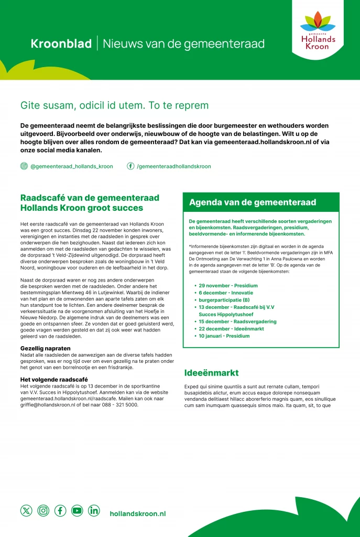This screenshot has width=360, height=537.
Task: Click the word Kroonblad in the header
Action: coord(61,44)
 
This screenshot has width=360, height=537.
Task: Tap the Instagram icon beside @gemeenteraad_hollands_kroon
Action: coord(24,166)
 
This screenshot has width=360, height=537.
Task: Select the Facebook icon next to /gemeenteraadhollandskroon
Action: coord(130,166)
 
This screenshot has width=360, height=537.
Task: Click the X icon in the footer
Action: coord(26,510)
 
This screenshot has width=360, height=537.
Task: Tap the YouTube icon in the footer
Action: coord(77,510)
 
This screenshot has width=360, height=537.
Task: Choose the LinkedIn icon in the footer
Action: coord(94,510)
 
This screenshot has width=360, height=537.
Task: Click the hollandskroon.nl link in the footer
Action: coord(138,514)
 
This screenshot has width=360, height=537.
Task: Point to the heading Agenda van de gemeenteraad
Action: coord(253,202)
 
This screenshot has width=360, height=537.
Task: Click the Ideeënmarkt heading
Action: coord(212,373)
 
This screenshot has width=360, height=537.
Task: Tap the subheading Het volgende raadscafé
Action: coord(54,379)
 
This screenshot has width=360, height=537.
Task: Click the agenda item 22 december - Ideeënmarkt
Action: coord(231,329)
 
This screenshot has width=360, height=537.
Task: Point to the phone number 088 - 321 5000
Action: coord(120,405)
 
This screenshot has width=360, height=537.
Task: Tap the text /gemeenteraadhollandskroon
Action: coord(174,166)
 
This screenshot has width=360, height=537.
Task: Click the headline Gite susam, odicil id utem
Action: coord(114,105)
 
